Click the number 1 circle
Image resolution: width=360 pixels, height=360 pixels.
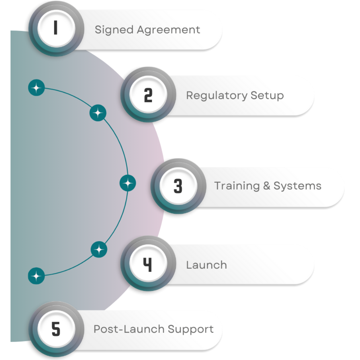pos(55,28)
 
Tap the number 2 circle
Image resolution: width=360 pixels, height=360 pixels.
pos(148,95)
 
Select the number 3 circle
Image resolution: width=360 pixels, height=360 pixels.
pos(178,186)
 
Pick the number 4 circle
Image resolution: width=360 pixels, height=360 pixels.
pos(148,265)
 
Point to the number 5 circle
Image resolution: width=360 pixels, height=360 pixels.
pos(56,329)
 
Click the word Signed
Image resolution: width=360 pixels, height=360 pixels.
pos(114,30)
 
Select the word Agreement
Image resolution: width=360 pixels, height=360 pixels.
pos(169,30)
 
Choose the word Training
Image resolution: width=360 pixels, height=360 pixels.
pos(236,186)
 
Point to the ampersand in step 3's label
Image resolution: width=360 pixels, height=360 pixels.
pos(267,186)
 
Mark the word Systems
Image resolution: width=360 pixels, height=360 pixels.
pos(297,186)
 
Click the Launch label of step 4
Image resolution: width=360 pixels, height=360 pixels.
pos(206,265)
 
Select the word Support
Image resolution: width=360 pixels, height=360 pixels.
pos(190,330)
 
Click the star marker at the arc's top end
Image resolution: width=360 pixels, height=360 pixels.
pos(36,88)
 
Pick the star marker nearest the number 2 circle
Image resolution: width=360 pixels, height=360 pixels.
pos(98,113)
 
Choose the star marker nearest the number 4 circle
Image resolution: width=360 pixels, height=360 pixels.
pos(99,249)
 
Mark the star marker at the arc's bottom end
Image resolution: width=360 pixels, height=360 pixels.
pos(36,276)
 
